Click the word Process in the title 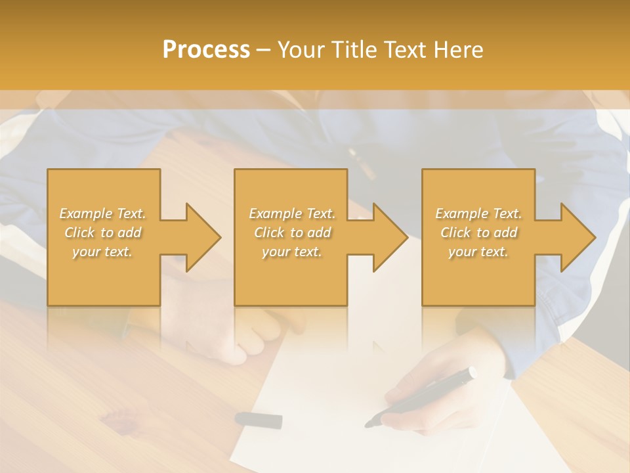click(206, 50)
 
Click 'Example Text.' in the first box click(102, 214)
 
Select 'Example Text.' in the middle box click(291, 214)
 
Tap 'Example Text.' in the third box click(478, 214)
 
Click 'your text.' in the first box click(102, 252)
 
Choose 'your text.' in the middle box click(291, 252)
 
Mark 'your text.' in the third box click(478, 252)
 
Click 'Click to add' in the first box click(102, 233)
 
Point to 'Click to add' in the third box click(478, 233)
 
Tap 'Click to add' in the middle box click(291, 233)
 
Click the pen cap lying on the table click(259, 419)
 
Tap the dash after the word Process click(264, 50)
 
